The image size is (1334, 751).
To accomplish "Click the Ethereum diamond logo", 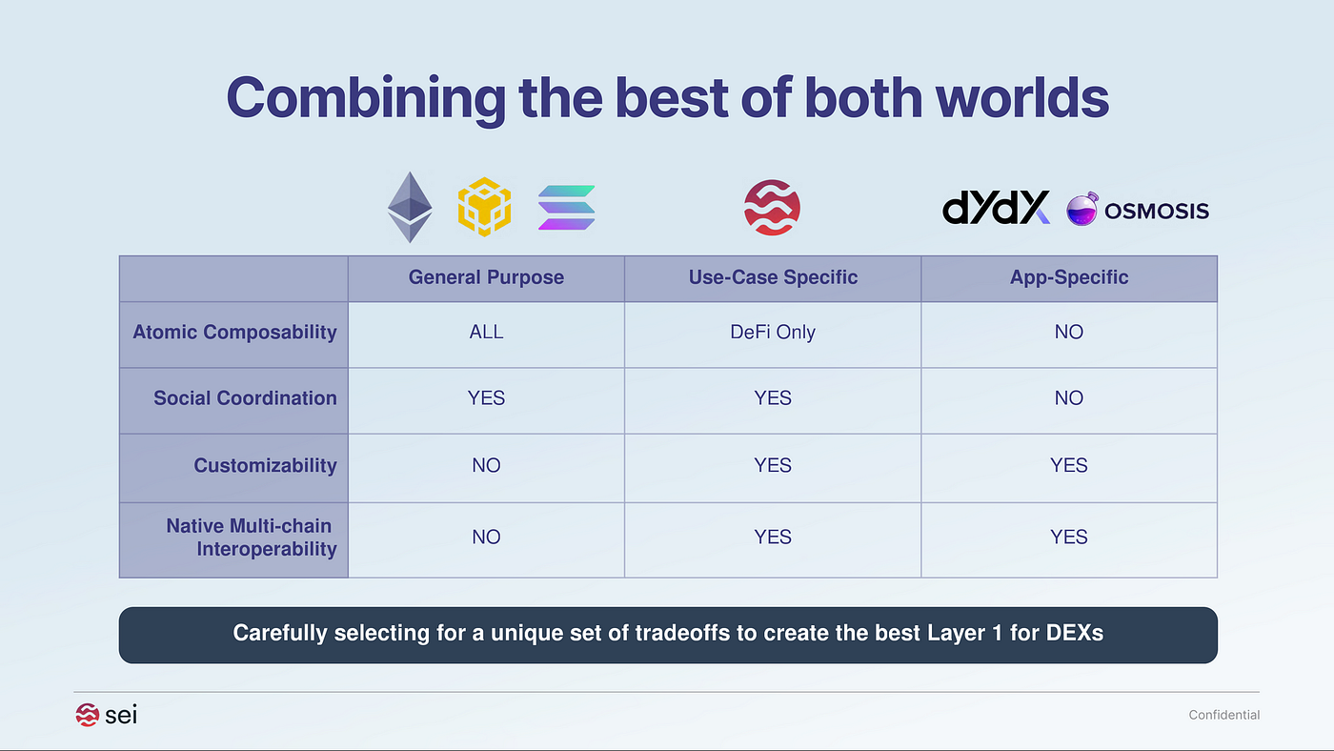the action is [410, 207].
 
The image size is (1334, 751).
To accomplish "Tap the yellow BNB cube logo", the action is [484, 207].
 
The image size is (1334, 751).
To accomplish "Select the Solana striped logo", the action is [566, 207].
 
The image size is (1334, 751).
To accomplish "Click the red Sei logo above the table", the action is [772, 207].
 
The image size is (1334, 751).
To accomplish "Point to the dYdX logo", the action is [996, 207].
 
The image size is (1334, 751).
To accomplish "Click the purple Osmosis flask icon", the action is [1082, 209].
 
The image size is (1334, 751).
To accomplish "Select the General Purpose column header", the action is [486, 277].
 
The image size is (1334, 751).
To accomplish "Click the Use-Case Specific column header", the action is [773, 277].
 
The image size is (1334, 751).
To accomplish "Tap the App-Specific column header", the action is [1069, 277].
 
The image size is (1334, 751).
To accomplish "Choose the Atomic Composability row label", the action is [234, 333].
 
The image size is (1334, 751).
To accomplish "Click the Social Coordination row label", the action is [246, 397].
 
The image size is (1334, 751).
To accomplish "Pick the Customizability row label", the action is [265, 465].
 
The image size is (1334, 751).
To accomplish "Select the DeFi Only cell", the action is [773, 332].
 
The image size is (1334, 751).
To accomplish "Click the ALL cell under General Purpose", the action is [486, 332].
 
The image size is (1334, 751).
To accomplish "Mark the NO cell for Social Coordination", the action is [1069, 397].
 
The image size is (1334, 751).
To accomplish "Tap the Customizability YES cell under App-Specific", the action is [1069, 465].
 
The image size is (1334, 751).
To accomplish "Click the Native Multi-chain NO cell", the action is [486, 538].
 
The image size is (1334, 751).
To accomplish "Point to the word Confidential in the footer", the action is [1223, 715].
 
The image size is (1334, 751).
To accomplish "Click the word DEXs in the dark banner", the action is [1075, 633].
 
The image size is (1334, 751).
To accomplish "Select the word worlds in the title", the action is [1021, 97].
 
